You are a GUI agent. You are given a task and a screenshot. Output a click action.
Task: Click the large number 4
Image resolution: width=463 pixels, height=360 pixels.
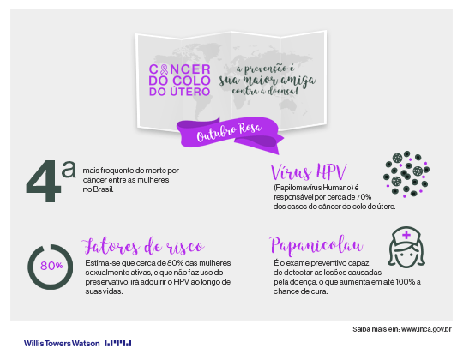(x=43, y=181)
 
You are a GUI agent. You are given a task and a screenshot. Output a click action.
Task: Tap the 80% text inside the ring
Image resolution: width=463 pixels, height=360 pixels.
(x=51, y=266)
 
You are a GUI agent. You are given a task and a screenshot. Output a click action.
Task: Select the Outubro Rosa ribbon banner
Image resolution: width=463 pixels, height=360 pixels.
(x=230, y=134)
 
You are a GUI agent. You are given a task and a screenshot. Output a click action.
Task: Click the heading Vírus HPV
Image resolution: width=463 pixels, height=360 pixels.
(x=309, y=171)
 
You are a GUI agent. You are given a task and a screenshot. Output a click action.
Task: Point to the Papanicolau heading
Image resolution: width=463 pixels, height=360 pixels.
(x=316, y=245)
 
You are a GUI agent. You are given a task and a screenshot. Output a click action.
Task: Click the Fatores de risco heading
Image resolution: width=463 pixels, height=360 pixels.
(x=143, y=246)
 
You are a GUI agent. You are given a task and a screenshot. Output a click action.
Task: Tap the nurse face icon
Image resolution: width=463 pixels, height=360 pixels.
(x=406, y=248)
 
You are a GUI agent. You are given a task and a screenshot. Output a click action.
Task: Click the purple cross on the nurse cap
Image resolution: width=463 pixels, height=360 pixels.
(x=406, y=235)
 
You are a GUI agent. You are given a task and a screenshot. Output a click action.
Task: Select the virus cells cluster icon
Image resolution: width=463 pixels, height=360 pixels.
(x=406, y=174)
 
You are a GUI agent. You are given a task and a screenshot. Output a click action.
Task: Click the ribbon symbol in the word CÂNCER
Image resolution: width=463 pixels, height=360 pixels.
(x=164, y=69)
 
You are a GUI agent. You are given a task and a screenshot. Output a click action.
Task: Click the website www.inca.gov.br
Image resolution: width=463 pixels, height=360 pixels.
(x=426, y=329)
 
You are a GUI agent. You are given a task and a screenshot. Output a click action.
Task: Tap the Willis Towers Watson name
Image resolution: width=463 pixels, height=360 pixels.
(x=62, y=344)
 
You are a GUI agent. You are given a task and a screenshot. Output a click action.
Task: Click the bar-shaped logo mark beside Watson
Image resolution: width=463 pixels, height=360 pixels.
(x=117, y=344)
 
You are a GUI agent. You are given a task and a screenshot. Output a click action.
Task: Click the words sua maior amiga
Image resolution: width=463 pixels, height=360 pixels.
(x=268, y=81)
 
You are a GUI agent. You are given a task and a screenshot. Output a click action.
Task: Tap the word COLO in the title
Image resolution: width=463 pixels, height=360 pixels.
(x=191, y=81)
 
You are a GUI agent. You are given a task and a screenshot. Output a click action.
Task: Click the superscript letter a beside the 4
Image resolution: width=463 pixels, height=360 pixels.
(x=69, y=170)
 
